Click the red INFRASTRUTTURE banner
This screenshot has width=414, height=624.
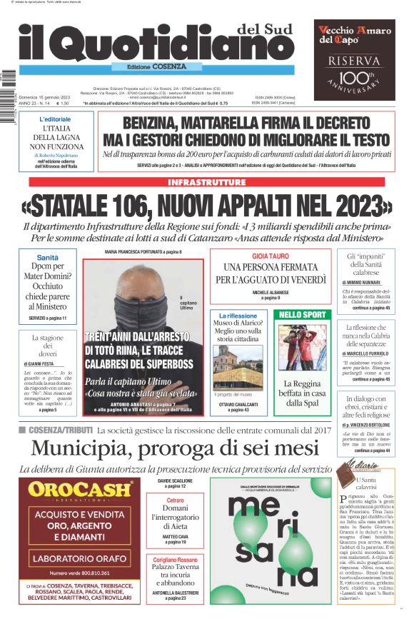pyautogui.click(x=206, y=182)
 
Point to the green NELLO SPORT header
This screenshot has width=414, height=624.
pyautogui.click(x=302, y=314)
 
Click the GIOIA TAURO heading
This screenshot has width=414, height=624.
pyautogui.click(x=270, y=256)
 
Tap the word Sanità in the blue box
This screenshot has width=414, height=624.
pyautogui.click(x=47, y=258)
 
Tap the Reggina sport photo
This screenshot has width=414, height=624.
pyautogui.click(x=302, y=347)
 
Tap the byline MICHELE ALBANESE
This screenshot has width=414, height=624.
pyautogui.click(x=270, y=292)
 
